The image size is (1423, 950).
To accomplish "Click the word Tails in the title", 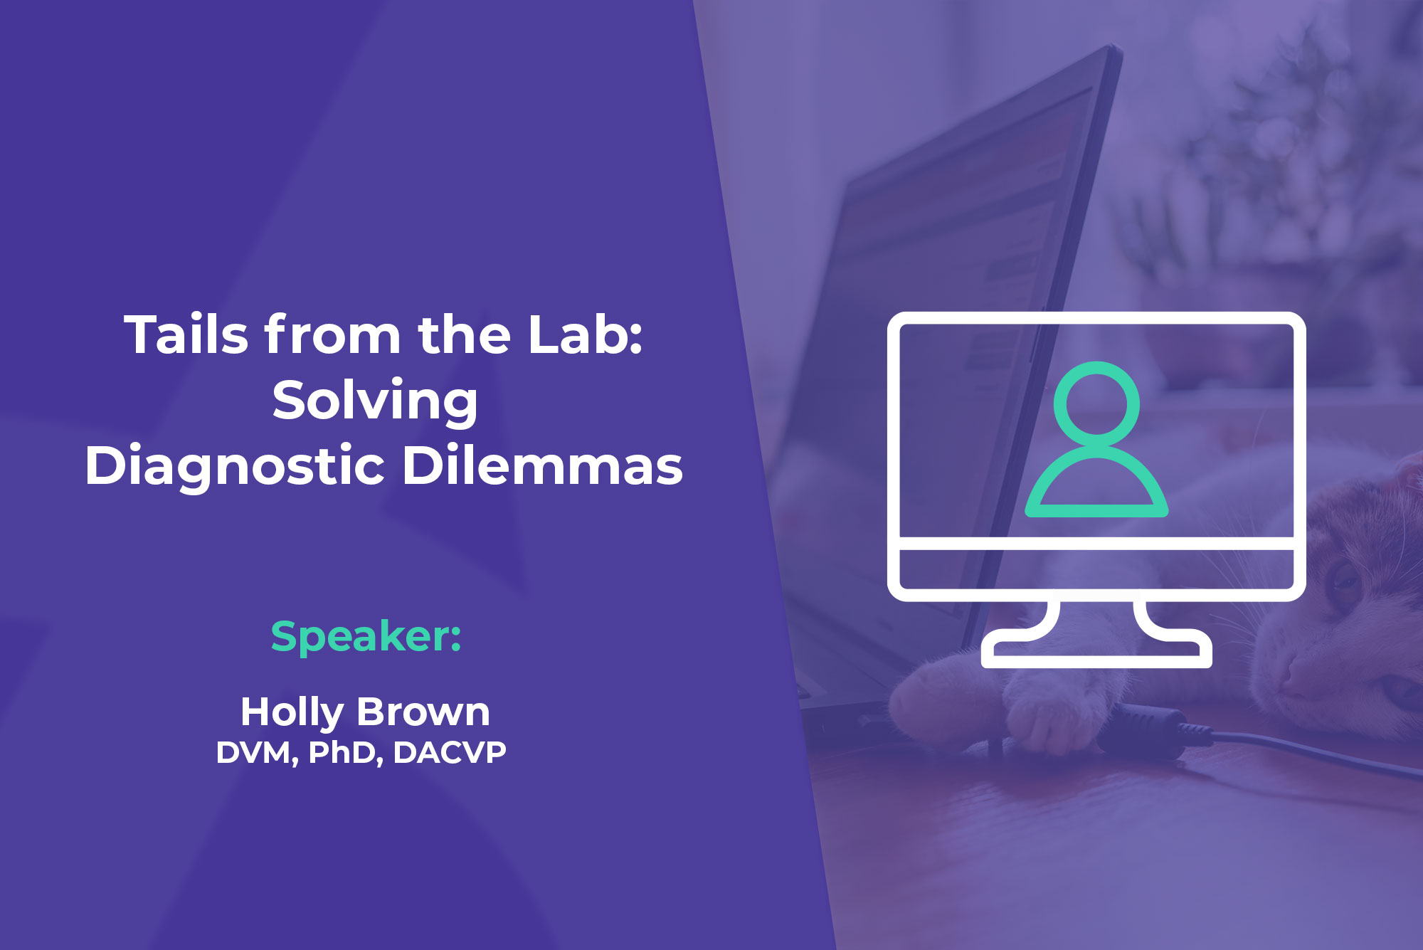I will point(187,334).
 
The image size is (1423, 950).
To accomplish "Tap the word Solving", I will point(375,401).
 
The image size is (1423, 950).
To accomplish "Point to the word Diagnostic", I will point(235,467).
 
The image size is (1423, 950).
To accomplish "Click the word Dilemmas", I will point(542,465).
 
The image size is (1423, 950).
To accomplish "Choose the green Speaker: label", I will point(366,636).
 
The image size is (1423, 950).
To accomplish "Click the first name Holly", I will point(292,712).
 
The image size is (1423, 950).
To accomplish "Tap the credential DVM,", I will point(257,753).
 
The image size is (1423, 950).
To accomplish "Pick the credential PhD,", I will point(346,753).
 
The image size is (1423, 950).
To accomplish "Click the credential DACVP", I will point(449,753).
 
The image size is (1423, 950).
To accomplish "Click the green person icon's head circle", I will point(1096,404).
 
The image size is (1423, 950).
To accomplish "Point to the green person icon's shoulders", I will point(1096,484).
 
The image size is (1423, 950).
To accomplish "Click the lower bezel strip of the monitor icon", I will point(1096,569).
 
